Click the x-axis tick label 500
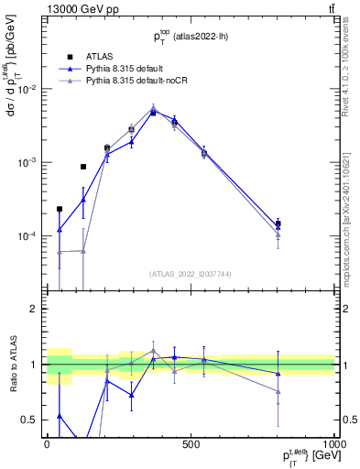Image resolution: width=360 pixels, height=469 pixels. (x=191, y=443)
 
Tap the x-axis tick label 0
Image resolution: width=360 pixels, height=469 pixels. (x=47, y=443)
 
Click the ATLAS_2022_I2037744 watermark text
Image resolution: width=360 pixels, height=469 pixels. (x=191, y=274)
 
